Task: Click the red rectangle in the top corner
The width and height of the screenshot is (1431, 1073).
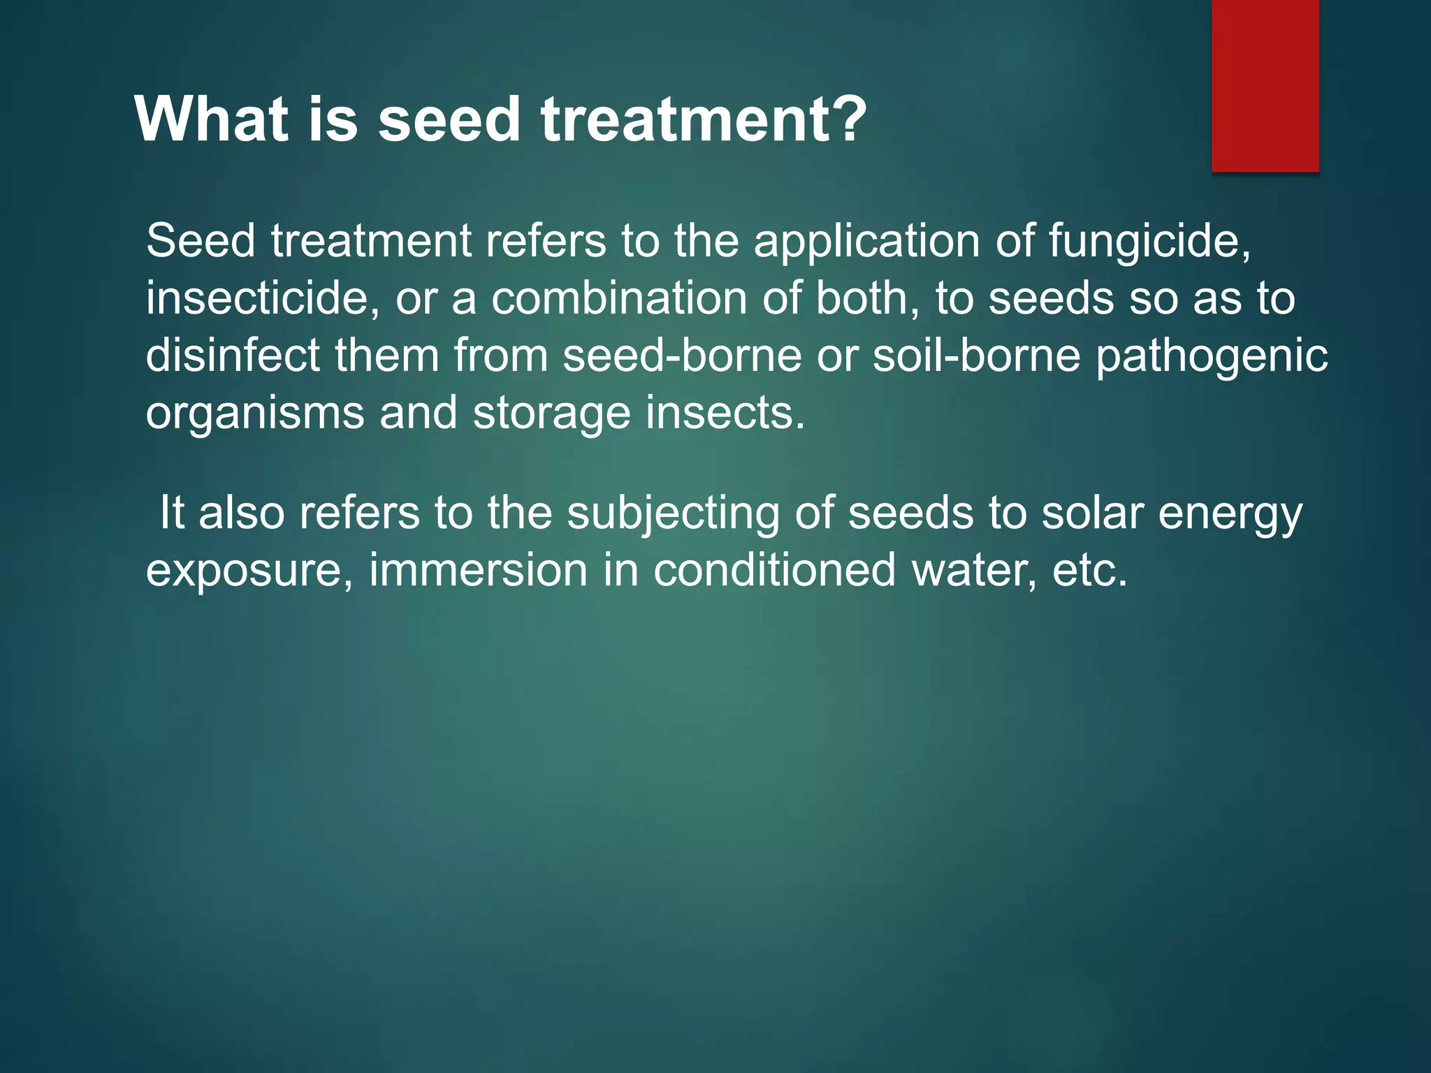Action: point(1265,85)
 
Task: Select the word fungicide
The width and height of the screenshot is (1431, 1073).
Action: point(1149,242)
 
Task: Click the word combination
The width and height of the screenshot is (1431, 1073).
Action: point(619,298)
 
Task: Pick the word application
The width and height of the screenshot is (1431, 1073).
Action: point(867,242)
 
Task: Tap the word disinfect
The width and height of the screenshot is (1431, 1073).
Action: point(233,356)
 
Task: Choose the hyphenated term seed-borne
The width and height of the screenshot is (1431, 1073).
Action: point(682,356)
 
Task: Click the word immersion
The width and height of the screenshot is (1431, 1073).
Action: point(478,570)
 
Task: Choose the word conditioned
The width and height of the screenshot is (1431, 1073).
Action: point(774,570)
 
